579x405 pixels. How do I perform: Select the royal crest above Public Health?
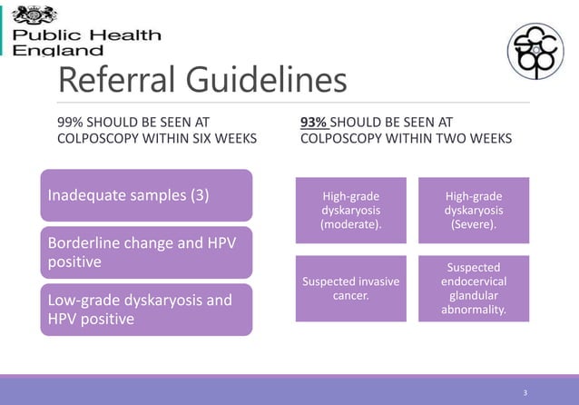coord(34,14)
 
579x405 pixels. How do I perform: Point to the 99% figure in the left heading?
coord(71,122)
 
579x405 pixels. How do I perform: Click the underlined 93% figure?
coord(313,122)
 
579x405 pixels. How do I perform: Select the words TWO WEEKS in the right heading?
coord(474,139)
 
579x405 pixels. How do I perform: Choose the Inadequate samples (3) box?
coord(145,195)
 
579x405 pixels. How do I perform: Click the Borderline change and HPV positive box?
coord(145,252)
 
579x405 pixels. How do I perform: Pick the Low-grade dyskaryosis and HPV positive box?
coord(145,310)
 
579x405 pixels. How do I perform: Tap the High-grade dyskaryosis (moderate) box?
coord(351,211)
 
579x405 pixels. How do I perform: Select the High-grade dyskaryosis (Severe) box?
coord(473,211)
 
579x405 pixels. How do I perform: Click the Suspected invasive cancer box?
coord(351,289)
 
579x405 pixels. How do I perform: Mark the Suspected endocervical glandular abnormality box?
coord(473,289)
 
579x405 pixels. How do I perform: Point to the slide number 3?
coord(525,392)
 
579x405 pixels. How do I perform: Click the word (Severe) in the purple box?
coord(473,225)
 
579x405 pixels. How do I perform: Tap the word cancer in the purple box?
coord(351,296)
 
